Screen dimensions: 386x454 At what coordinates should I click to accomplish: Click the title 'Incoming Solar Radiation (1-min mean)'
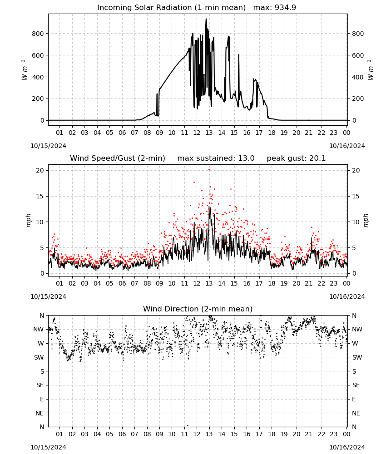click(171, 8)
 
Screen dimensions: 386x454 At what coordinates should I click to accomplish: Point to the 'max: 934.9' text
click(275, 8)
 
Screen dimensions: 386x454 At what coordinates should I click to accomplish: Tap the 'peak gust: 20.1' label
click(296, 158)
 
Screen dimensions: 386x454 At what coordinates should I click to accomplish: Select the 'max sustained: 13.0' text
click(216, 158)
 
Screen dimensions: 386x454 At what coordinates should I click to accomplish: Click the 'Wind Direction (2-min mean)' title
click(198, 309)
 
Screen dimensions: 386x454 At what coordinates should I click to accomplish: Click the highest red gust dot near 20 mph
click(209, 170)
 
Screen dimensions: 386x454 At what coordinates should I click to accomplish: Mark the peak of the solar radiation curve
click(206, 19)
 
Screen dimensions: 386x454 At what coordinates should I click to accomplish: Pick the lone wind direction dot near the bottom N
click(188, 426)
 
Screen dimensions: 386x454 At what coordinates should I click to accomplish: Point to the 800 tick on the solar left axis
click(38, 34)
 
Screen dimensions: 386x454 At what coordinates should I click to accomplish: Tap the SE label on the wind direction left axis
click(40, 385)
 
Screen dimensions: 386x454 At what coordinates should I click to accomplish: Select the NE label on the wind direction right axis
click(356, 413)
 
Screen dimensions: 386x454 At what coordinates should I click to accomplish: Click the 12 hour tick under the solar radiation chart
click(197, 133)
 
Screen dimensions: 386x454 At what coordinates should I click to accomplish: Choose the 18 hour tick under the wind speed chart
click(272, 283)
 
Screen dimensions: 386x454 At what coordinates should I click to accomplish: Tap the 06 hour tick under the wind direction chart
click(122, 434)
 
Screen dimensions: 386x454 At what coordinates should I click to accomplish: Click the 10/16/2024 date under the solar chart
click(347, 146)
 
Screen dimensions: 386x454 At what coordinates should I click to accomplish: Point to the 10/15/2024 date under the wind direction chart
click(48, 447)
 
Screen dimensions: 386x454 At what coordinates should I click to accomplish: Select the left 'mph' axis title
click(28, 220)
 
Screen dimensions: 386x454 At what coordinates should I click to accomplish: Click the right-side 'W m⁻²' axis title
click(371, 70)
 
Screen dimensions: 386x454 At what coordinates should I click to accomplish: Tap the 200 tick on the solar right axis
click(358, 99)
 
